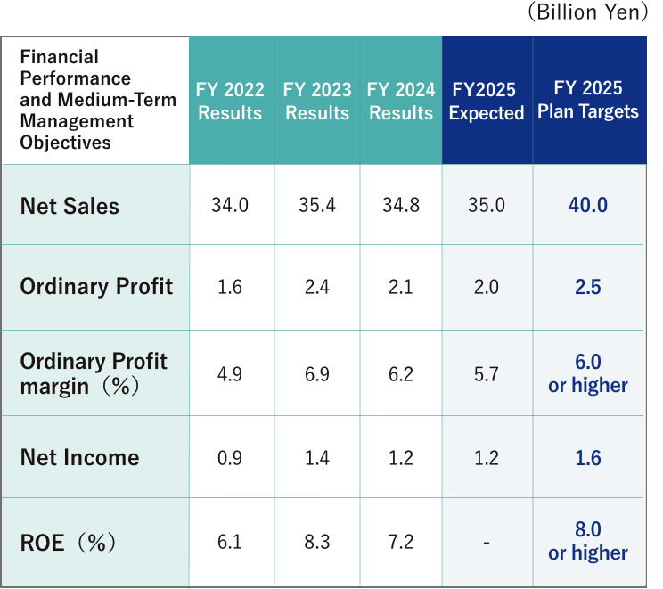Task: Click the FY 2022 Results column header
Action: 230,101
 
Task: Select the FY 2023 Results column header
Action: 317,101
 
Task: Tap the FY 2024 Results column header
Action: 401,101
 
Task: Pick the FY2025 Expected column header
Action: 486,101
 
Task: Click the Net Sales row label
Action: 70,206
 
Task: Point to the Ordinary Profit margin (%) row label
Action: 94,373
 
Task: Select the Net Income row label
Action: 80,458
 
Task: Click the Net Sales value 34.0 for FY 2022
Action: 230,205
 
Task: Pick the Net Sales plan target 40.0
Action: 588,205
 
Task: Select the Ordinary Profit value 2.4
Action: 317,287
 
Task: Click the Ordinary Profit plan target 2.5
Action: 588,287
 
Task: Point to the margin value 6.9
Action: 317,374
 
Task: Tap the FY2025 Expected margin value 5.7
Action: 486,374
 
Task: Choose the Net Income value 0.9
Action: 230,458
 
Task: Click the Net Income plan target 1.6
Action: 588,458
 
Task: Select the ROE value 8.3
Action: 317,542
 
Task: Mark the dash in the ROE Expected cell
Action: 486,543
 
